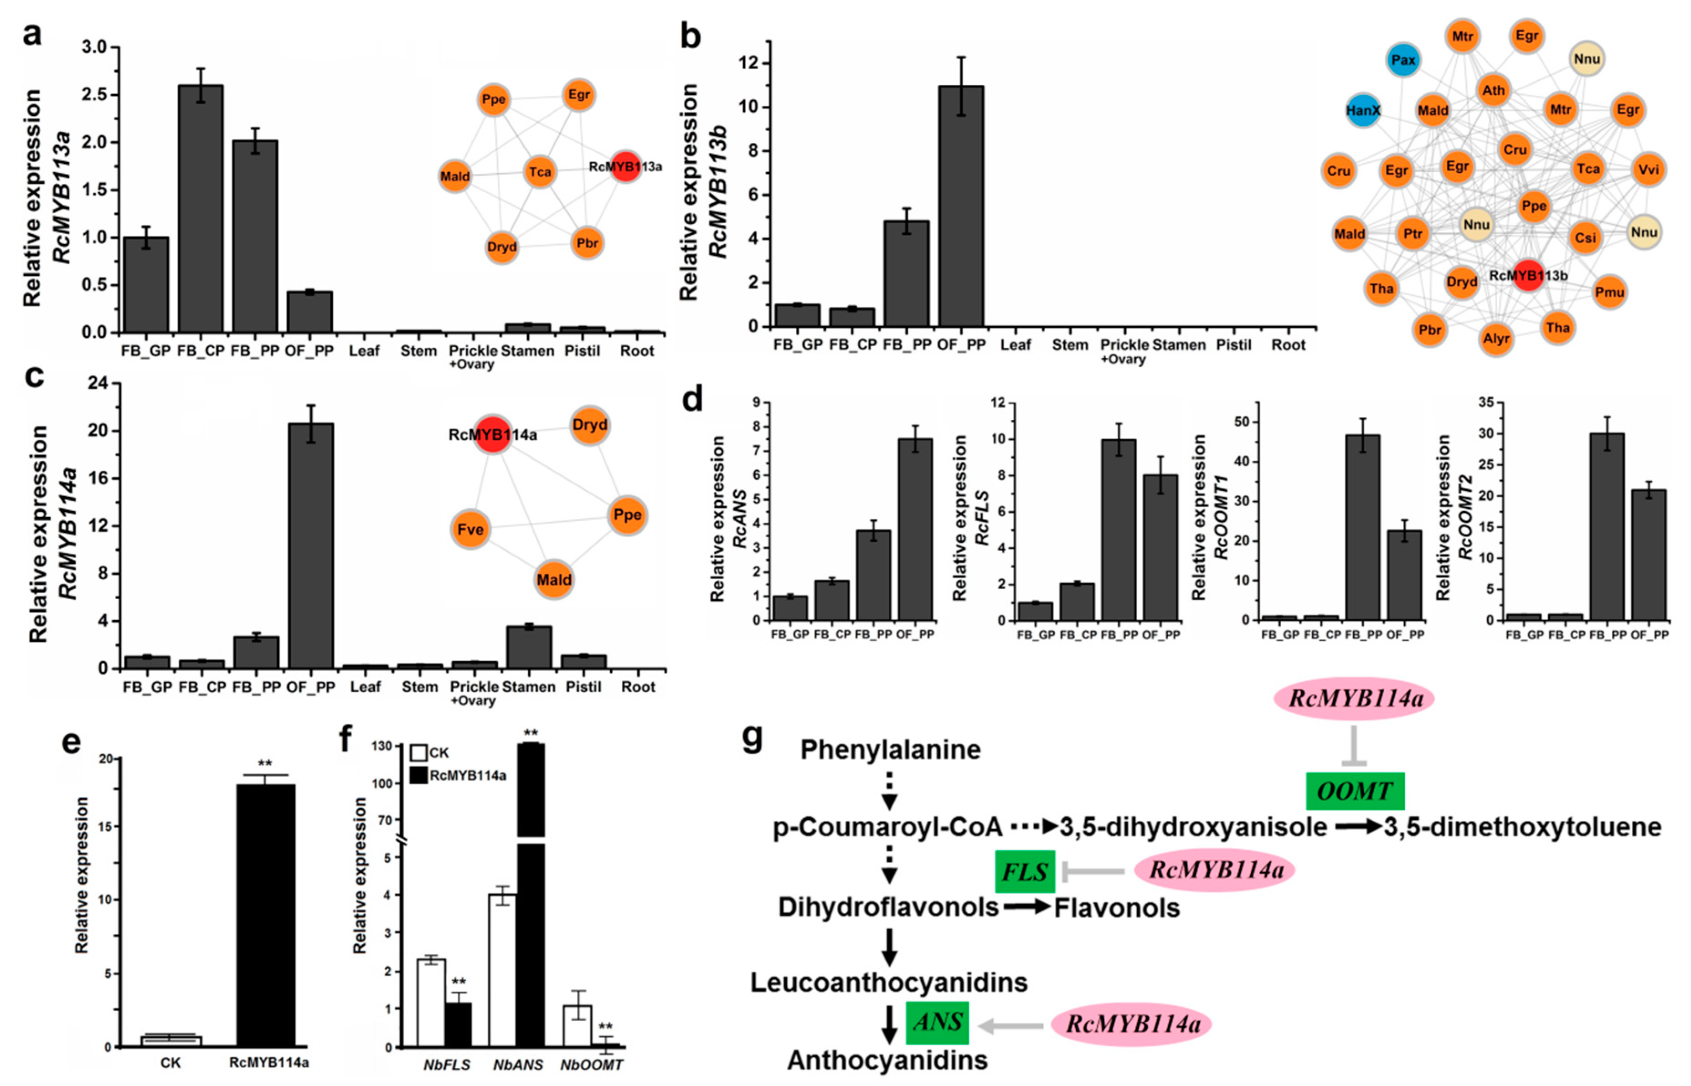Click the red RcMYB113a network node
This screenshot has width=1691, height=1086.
pyautogui.click(x=625, y=166)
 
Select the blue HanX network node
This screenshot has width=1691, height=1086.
pyautogui.click(x=1362, y=111)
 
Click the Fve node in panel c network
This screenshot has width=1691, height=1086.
pyautogui.click(x=470, y=529)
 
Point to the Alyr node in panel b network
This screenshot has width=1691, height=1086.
pyautogui.click(x=1495, y=339)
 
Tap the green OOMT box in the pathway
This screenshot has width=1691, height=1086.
pyautogui.click(x=1355, y=791)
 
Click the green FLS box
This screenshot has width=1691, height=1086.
pyautogui.click(x=1025, y=872)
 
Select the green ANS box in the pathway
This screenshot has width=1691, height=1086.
pyautogui.click(x=937, y=1022)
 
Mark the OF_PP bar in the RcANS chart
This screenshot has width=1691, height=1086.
pyautogui.click(x=915, y=529)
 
